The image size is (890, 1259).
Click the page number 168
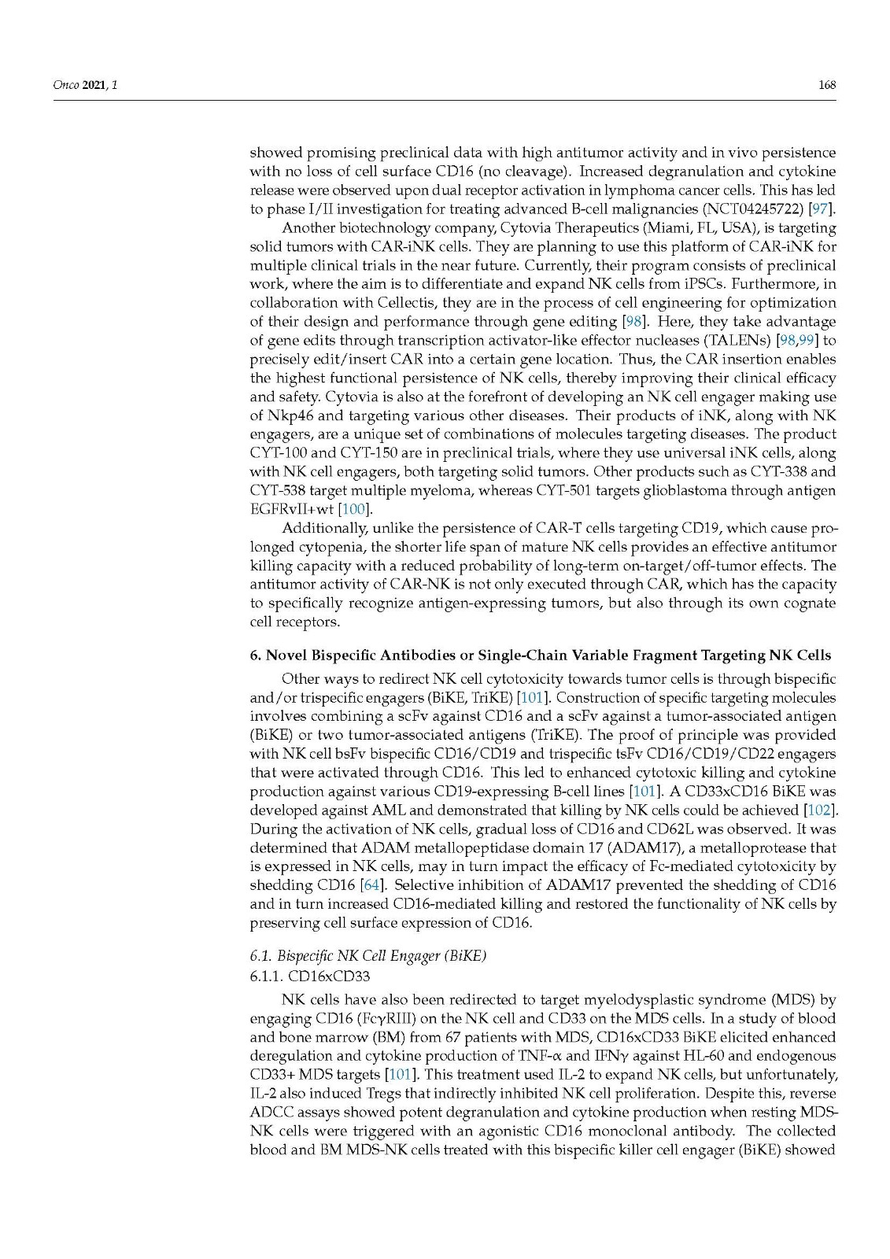coord(826,85)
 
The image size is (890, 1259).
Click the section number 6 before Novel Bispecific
coord(254,655)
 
